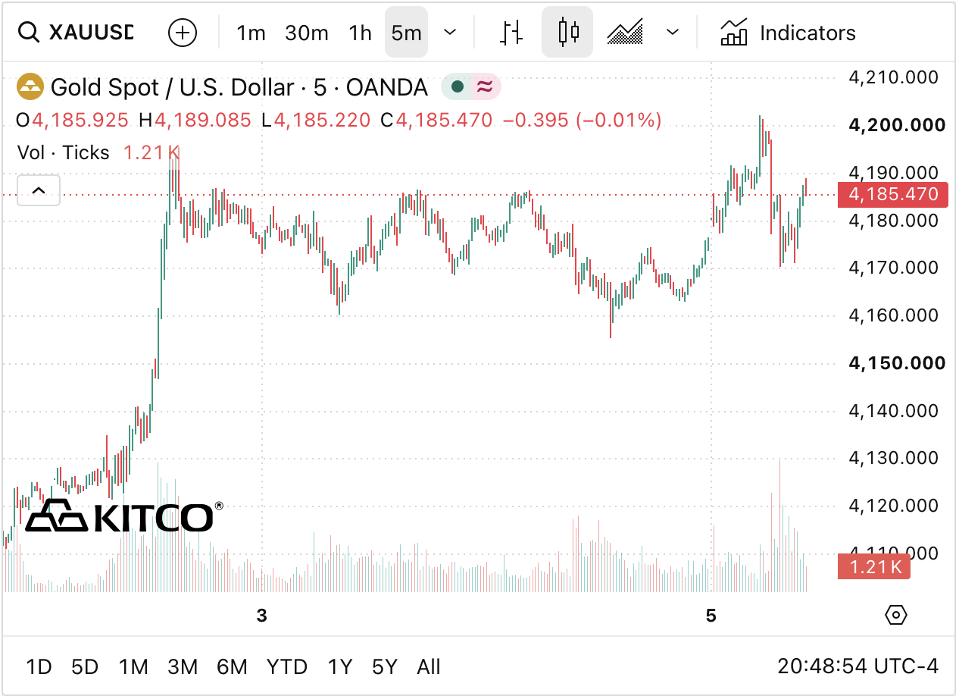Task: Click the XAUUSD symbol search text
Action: [x=91, y=32]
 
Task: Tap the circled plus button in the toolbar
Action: [x=183, y=33]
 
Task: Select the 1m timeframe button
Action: [x=251, y=33]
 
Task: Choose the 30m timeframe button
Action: [x=307, y=33]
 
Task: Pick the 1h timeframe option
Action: [x=360, y=33]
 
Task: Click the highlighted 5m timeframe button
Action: [x=406, y=32]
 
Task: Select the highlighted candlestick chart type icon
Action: [x=567, y=32]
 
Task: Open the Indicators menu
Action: [x=788, y=32]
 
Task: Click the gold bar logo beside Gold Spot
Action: [x=30, y=86]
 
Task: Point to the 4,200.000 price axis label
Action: [x=898, y=124]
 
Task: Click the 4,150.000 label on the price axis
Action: [x=898, y=363]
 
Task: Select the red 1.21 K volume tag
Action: [x=874, y=566]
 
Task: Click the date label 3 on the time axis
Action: [x=261, y=616]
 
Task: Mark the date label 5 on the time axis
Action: [x=711, y=616]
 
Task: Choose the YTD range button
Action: [x=287, y=667]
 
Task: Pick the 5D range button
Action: [x=85, y=667]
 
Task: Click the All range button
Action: [x=429, y=667]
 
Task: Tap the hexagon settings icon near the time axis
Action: [x=895, y=616]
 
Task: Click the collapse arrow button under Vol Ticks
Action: [x=39, y=190]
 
